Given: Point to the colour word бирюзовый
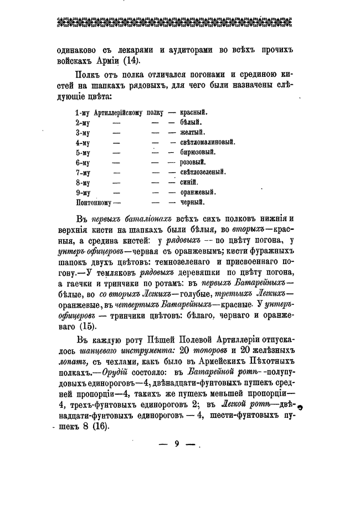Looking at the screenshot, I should click(x=198, y=152).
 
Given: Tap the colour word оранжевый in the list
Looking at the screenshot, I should click(x=198, y=192).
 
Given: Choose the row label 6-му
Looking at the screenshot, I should click(x=83, y=162).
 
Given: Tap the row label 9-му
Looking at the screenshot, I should click(x=83, y=192).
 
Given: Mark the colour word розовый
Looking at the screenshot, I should click(x=193, y=162).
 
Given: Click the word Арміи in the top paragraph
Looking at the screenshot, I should click(x=105, y=61).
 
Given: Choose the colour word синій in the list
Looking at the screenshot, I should click(x=189, y=182).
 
